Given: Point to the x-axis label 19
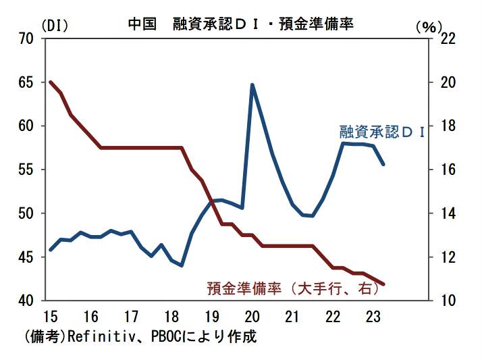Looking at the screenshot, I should pos(211,316).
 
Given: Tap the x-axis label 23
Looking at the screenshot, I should pos(372,316).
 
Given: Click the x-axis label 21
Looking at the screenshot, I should pos(292,316).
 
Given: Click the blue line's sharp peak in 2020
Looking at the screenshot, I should pos(252,85).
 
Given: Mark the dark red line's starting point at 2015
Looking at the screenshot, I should pos(51,82).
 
